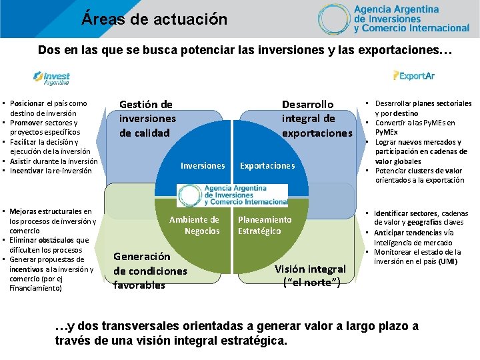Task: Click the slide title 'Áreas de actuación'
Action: pos(155,19)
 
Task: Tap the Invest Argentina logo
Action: pos(52,77)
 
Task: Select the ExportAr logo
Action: pos(414,76)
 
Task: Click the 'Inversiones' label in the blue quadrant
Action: pos(203,165)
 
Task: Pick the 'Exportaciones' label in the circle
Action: pos(267,165)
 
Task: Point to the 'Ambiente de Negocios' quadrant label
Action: pos(195,225)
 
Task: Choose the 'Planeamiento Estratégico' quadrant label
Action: pos(265,225)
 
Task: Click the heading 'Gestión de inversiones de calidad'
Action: pos(147,118)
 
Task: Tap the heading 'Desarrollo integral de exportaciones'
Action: pos(317,119)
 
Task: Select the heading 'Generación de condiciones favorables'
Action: pos(150,271)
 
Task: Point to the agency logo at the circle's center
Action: pos(233,194)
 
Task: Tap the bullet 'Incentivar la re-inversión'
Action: pos(53,171)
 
